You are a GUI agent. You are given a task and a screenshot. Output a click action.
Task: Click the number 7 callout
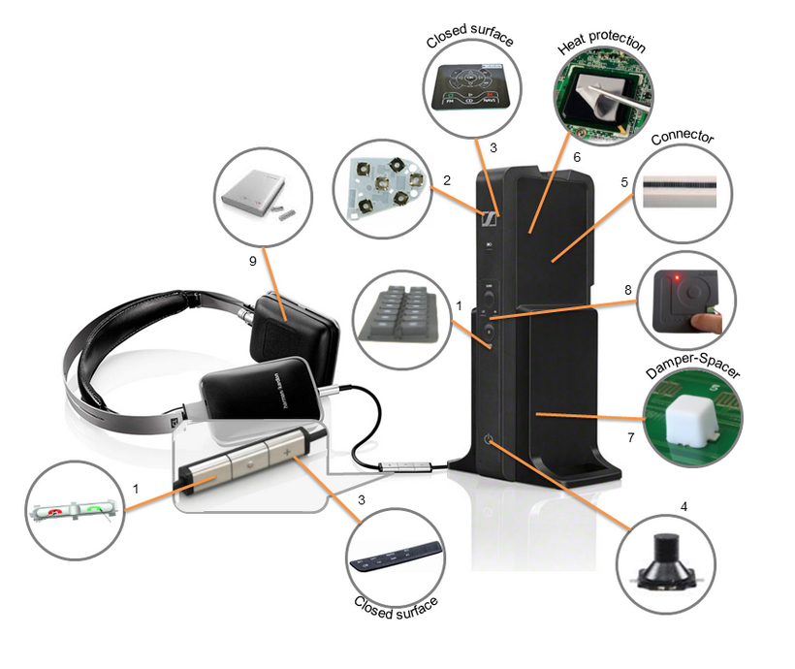click(x=630, y=438)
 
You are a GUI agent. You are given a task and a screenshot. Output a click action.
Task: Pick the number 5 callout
click(x=625, y=180)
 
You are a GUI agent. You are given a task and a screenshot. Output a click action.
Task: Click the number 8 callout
click(x=629, y=288)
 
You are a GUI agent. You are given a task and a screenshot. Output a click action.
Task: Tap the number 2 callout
click(x=447, y=179)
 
